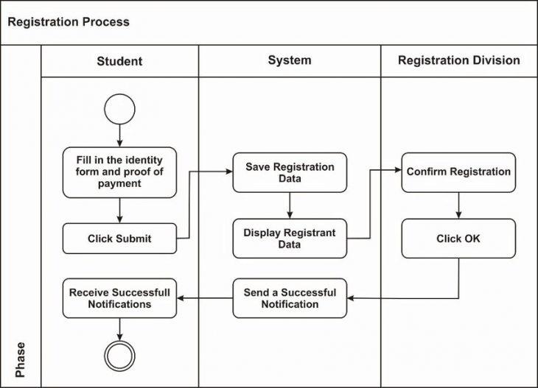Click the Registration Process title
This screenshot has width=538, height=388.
(69, 22)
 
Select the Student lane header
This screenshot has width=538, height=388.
(119, 61)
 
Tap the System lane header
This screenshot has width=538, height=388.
(290, 61)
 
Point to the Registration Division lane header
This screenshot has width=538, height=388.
(458, 61)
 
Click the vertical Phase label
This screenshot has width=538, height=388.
(21, 359)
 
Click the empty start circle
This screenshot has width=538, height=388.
(119, 110)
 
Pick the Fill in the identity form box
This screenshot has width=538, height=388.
(119, 172)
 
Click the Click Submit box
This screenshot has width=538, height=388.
(119, 239)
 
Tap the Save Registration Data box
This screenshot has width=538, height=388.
(290, 172)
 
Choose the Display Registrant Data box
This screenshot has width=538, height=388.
(290, 239)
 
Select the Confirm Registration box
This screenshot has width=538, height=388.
(458, 172)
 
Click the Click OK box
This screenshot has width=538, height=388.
(458, 239)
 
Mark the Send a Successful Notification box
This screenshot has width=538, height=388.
(290, 298)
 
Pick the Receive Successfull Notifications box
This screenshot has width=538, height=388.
(119, 298)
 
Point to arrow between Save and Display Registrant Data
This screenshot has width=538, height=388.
(290, 205)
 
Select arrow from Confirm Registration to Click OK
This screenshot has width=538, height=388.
(458, 205)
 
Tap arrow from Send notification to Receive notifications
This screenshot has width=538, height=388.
(205, 298)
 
